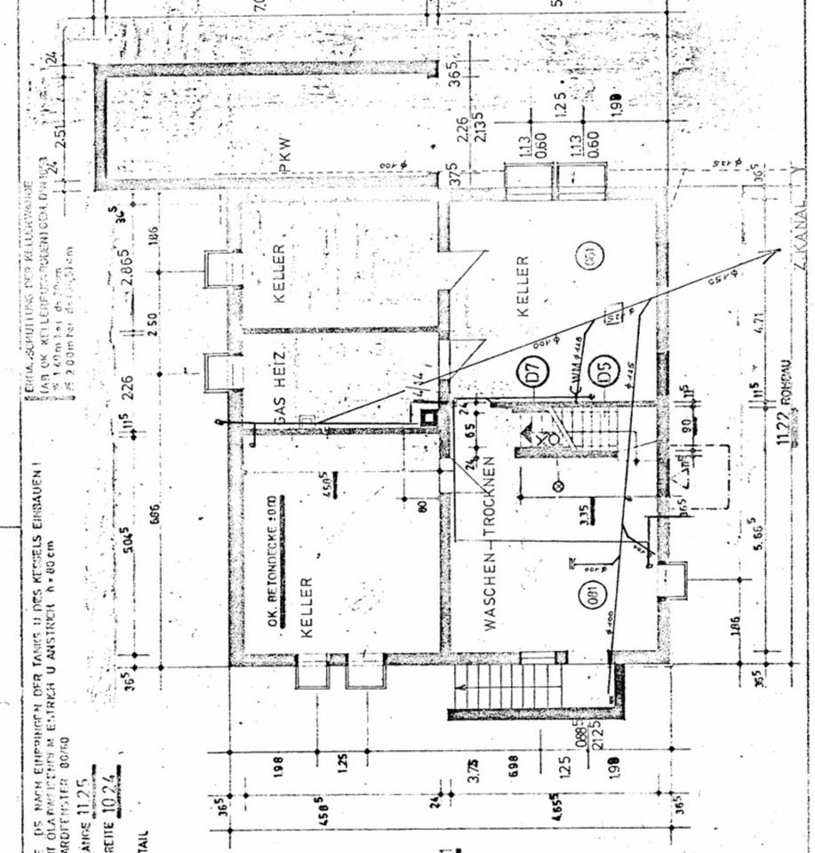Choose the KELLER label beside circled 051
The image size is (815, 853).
[523, 286]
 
